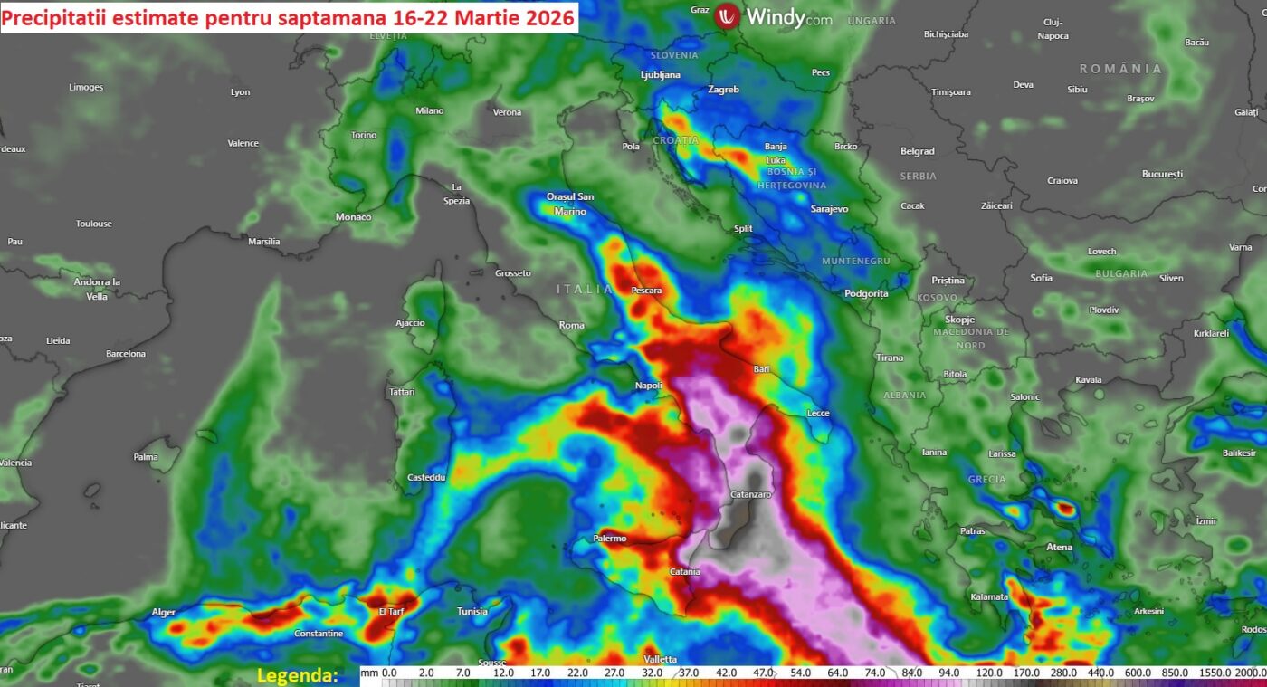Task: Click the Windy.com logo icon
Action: tap(727, 16)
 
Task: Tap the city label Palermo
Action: tap(609, 539)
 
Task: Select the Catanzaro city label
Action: tap(750, 495)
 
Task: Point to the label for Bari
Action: tap(761, 369)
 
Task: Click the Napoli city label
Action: tap(648, 386)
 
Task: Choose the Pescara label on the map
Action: tap(646, 291)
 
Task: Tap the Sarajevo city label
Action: tap(829, 209)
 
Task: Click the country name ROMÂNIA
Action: tap(1120, 69)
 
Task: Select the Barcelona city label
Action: tap(126, 354)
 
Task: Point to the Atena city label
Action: tap(1059, 547)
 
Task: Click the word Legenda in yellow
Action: tap(297, 675)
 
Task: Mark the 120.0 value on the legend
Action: tap(989, 673)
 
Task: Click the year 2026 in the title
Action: tap(542, 17)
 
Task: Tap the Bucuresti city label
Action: tap(1162, 174)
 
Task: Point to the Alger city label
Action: tap(163, 613)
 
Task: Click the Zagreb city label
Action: tap(723, 90)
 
